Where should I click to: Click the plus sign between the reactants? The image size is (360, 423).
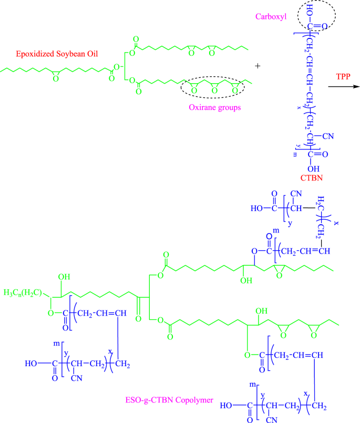[258, 66]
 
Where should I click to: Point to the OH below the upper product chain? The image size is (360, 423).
[245, 280]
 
